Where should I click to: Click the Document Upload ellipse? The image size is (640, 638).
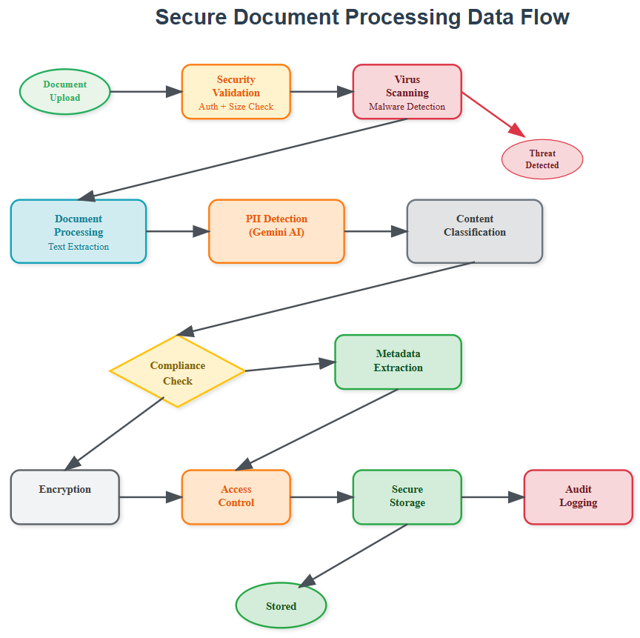click(65, 92)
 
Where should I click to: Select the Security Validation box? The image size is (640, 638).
click(236, 91)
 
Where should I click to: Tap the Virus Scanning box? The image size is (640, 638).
click(407, 91)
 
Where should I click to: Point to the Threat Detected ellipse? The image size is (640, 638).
click(542, 159)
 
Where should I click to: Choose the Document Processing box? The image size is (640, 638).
click(79, 231)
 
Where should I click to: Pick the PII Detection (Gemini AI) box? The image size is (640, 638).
click(276, 231)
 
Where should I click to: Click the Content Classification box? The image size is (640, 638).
click(475, 231)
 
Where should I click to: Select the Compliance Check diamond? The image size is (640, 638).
click(177, 371)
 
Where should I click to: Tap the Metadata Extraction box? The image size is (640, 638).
click(398, 362)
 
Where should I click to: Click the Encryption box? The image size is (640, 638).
click(65, 496)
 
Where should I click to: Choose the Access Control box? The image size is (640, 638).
click(236, 496)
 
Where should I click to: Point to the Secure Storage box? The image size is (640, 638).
click(407, 496)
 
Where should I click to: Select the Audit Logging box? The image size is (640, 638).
click(578, 496)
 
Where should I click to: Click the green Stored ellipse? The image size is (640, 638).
click(281, 605)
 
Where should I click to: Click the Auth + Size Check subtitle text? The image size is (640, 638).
click(236, 107)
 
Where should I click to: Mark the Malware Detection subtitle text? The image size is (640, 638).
click(407, 107)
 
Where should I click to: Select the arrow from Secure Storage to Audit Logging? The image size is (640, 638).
click(493, 497)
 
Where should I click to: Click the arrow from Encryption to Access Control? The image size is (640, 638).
click(150, 497)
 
